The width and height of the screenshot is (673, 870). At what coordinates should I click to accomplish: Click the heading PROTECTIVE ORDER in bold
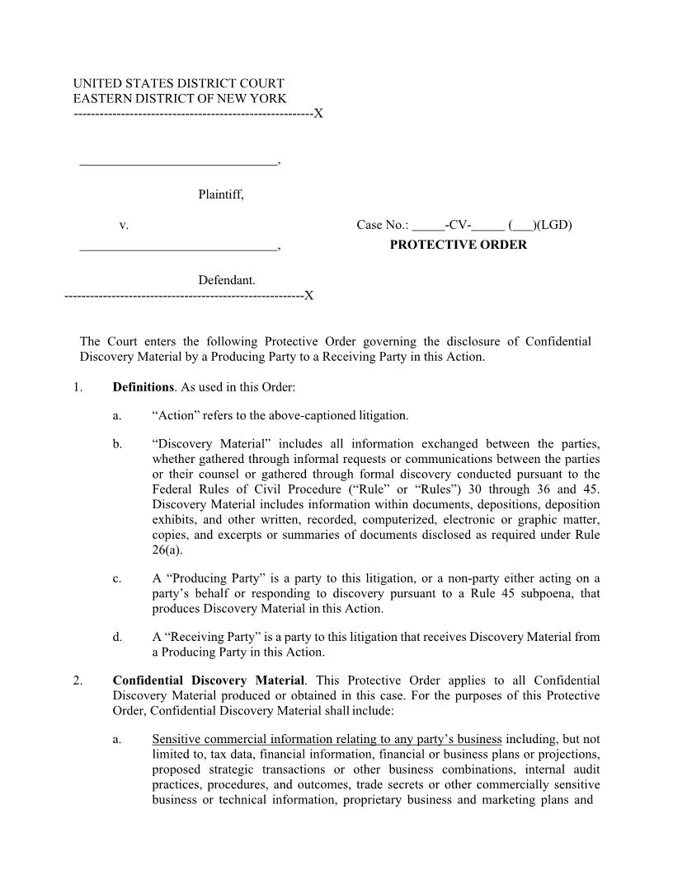pyautogui.click(x=458, y=245)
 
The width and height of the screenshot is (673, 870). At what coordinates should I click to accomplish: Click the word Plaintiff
pyautogui.click(x=220, y=195)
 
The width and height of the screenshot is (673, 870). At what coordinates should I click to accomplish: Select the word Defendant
pyautogui.click(x=226, y=281)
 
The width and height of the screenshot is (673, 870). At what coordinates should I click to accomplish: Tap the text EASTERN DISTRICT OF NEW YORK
pyautogui.click(x=180, y=99)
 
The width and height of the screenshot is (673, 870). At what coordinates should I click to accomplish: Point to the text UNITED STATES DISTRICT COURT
pyautogui.click(x=178, y=84)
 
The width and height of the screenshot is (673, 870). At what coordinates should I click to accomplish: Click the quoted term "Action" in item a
pyautogui.click(x=172, y=416)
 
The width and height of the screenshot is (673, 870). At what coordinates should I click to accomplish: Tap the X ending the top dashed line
pyautogui.click(x=318, y=114)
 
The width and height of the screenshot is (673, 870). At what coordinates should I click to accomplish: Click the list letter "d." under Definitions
pyautogui.click(x=118, y=637)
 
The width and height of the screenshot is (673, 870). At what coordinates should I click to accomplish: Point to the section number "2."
pyautogui.click(x=78, y=681)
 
